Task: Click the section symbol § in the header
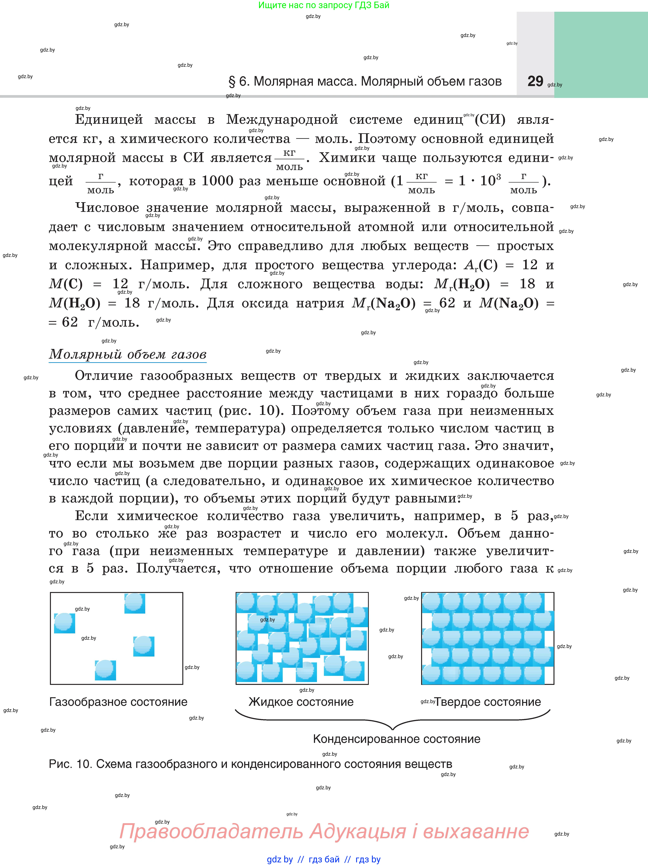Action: click(232, 81)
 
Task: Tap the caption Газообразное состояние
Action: click(118, 702)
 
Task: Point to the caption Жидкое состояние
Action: click(301, 702)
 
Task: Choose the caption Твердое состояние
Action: click(488, 702)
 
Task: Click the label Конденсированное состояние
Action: click(397, 739)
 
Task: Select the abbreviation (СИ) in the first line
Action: click(490, 119)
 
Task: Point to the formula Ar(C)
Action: click(481, 265)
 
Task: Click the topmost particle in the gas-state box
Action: click(135, 603)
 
